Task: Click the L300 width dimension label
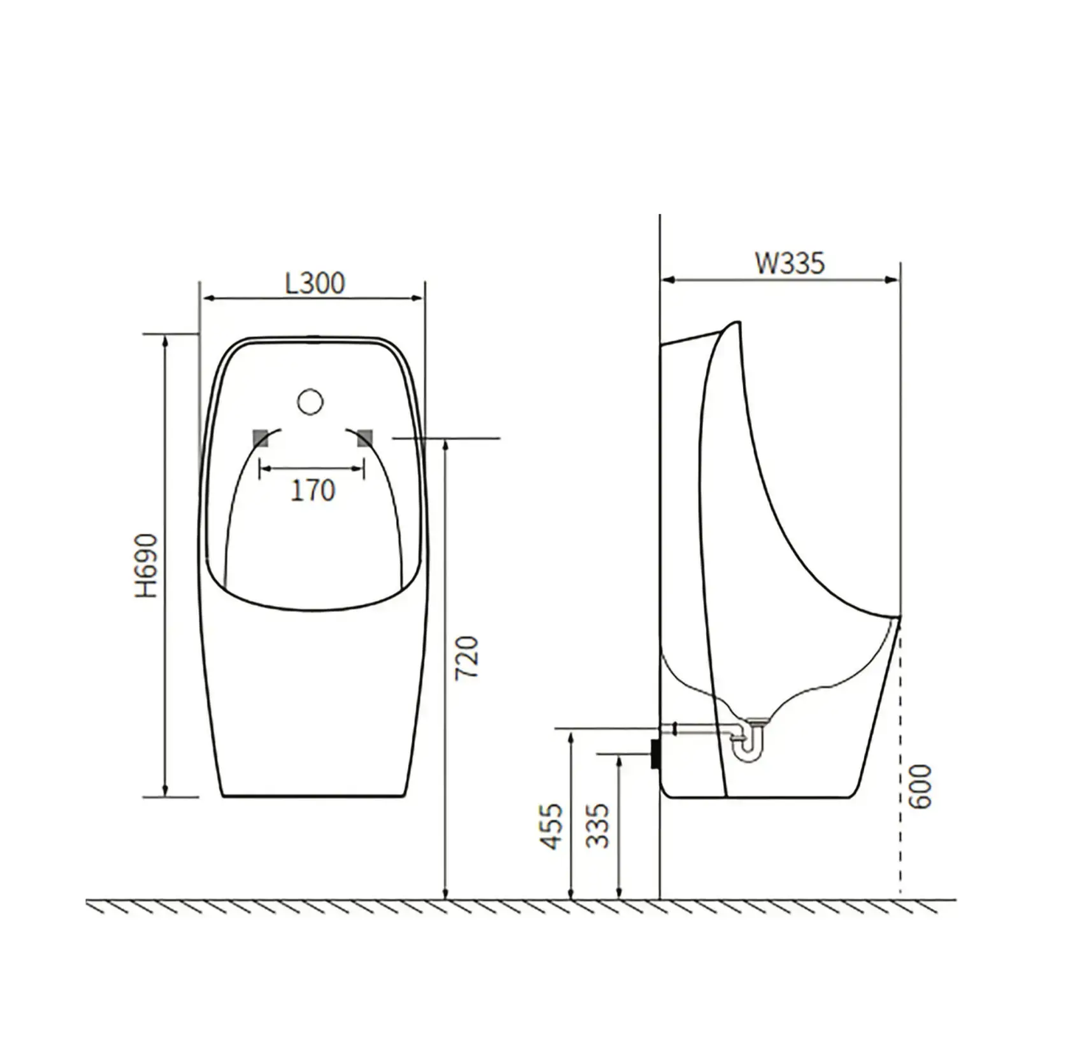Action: (315, 283)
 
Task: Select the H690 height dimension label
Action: (147, 565)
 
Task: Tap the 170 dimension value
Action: (312, 490)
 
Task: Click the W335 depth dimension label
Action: (789, 263)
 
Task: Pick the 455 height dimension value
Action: (551, 826)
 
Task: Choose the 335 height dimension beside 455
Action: (598, 826)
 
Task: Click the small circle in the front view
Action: (311, 401)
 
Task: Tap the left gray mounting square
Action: (260, 438)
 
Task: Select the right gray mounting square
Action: (364, 438)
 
